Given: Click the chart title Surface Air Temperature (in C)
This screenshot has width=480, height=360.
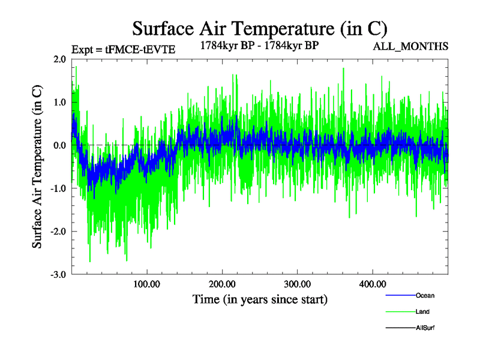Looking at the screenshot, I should click(259, 28).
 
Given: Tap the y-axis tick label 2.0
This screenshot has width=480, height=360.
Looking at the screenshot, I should click(59, 59).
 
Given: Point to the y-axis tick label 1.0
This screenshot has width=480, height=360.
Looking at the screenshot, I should click(59, 102).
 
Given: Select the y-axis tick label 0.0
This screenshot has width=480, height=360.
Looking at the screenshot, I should click(59, 145).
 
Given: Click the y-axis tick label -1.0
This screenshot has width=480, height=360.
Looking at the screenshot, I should click(58, 188).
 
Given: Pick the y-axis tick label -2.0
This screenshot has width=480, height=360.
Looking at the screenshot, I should click(58, 232).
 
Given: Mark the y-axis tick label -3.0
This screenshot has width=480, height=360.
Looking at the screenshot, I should click(58, 275).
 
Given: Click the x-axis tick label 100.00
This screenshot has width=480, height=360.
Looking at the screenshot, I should click(146, 284).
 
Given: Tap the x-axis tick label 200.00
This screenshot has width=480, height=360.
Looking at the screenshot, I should click(222, 284).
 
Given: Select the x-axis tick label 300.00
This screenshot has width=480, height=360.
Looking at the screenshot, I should click(297, 284).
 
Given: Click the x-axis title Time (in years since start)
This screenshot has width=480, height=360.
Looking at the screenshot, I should click(260, 298).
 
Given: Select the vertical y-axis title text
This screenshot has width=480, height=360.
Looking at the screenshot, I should click(37, 167).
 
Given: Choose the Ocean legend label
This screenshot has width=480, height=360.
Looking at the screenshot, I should click(425, 295).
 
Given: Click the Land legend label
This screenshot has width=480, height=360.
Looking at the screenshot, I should click(422, 312).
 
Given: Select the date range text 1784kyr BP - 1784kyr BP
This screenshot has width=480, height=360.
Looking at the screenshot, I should click(259, 44).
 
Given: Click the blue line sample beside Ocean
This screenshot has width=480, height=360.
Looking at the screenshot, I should click(399, 295).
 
